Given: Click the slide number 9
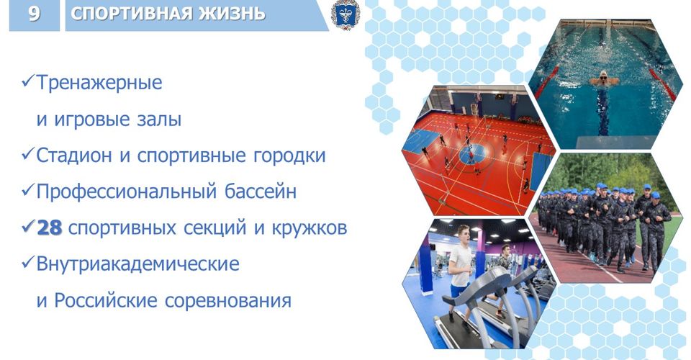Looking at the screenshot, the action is (x=34, y=13).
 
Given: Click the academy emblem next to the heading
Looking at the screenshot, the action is (x=345, y=14).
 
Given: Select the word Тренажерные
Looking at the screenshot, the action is (x=99, y=82).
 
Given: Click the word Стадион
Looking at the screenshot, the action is (x=73, y=156).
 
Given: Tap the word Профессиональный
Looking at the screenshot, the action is (x=126, y=192).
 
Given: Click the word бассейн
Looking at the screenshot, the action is (x=261, y=192).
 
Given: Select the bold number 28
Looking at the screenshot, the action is (x=50, y=228).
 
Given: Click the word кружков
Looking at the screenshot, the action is (x=310, y=228).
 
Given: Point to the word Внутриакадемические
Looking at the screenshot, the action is (x=138, y=264).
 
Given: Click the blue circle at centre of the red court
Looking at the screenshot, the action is (x=473, y=153).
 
